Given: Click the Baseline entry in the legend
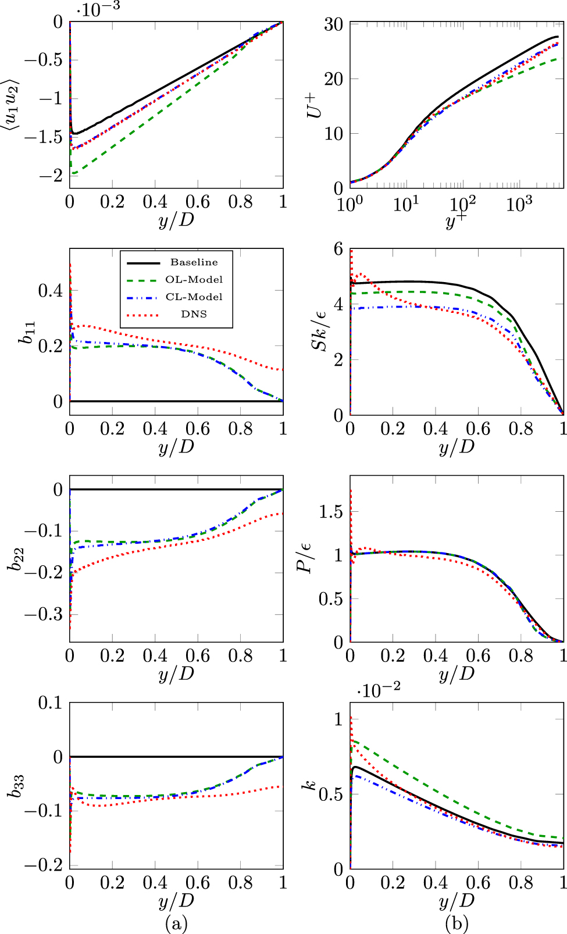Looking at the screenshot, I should [194, 262].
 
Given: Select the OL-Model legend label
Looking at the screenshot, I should [194, 280].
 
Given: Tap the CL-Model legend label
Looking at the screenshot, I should [194, 297].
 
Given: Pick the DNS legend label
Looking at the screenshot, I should [194, 314].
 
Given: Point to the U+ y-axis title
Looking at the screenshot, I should [315, 105].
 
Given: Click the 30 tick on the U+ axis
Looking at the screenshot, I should [334, 24].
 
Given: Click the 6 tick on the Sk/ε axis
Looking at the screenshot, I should [338, 249].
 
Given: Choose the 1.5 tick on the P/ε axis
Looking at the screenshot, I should [330, 512].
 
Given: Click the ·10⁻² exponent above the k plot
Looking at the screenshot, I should [379, 691].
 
